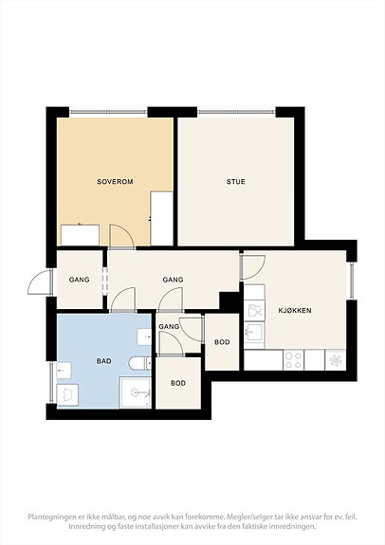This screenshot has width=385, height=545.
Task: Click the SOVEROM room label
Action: [x=115, y=181]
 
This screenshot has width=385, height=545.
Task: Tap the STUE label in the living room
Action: [x=236, y=181]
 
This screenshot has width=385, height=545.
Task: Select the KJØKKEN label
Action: [x=295, y=310]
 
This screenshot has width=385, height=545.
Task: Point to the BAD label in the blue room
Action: [x=103, y=361]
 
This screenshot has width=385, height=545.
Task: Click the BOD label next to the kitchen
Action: [x=222, y=342]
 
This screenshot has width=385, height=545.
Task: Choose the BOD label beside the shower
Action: [x=178, y=383]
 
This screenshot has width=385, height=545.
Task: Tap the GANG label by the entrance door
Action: [x=79, y=280]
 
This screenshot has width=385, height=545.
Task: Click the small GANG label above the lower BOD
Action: [x=169, y=326]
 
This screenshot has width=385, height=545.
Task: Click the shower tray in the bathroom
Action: [x=136, y=392]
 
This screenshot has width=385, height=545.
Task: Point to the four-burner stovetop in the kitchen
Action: [x=294, y=360]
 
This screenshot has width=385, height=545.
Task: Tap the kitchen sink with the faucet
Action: [x=254, y=332]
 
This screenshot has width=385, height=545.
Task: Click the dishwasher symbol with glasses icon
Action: [x=254, y=310]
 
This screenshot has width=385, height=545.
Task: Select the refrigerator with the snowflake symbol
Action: [x=336, y=360]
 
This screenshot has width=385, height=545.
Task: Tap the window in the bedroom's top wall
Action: [x=108, y=112]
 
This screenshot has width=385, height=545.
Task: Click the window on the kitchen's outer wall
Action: [x=352, y=282]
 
